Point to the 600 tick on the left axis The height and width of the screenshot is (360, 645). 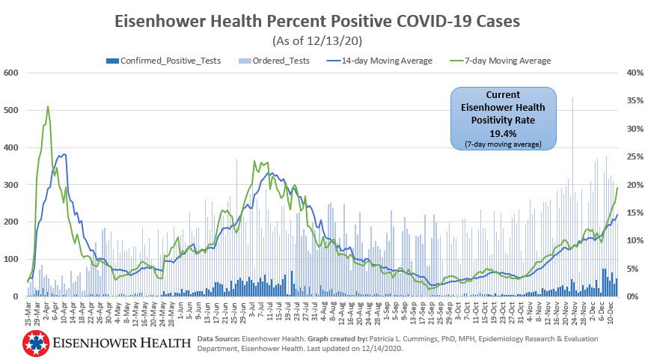coord(11,73)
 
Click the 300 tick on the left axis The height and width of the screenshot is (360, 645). coord(11,185)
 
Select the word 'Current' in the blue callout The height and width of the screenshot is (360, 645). coord(504,96)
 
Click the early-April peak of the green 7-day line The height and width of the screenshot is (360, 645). coord(48,106)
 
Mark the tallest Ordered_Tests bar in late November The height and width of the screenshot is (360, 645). coord(573,97)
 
